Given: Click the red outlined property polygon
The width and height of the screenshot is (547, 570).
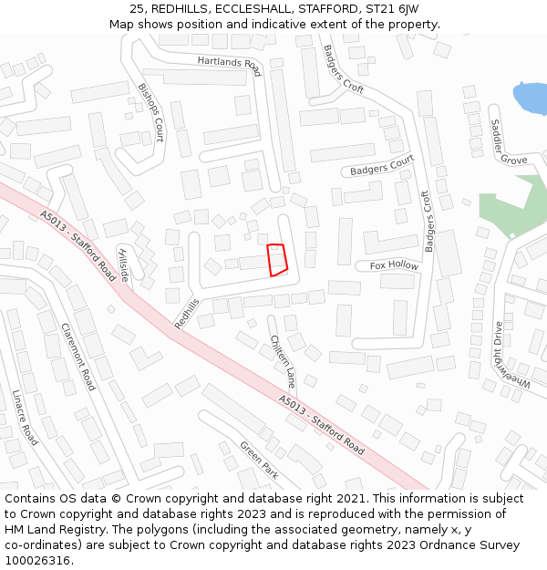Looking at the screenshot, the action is tap(277, 260).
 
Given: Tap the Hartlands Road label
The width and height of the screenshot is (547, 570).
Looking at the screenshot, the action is tap(229, 65).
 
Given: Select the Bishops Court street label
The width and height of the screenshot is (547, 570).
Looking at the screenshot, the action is tap(151, 112).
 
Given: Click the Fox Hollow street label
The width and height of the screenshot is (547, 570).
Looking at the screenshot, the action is tap(394, 265).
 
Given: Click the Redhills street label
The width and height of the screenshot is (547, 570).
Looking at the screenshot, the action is tap(186, 313).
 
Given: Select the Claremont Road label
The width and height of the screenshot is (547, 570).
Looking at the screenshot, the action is tap(78, 357).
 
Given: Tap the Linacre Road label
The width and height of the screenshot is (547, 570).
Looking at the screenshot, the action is tap(25, 418).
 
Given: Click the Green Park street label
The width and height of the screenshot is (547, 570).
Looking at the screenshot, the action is tap(258, 461).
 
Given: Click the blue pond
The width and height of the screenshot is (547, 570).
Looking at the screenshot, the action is tap(531, 98).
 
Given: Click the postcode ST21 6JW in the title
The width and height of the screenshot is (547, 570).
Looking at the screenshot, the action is tap(390, 8).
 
